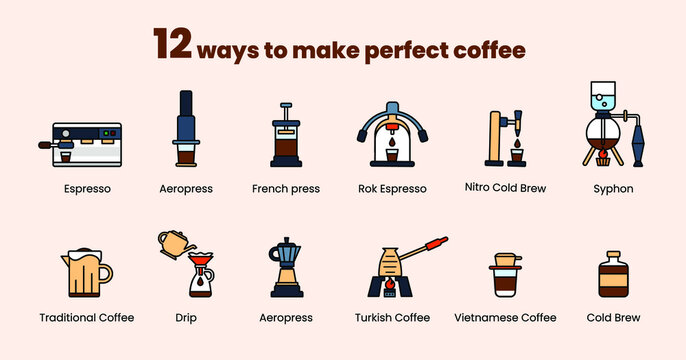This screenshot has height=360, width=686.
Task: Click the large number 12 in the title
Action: (172, 46)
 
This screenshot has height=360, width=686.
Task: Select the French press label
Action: (285, 188)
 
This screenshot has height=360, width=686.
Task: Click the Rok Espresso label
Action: (392, 188)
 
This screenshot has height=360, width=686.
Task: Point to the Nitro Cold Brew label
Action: (505, 187)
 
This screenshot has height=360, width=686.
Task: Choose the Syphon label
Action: (613, 188)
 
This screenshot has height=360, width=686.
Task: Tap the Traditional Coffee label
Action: (87, 317)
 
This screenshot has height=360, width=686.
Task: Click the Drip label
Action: (200, 317)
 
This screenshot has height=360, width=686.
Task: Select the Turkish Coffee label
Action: (392, 317)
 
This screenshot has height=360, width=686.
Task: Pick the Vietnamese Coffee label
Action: (505, 317)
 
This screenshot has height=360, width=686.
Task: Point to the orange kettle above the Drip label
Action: (175, 242)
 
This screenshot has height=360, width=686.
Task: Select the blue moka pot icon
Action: (286, 267)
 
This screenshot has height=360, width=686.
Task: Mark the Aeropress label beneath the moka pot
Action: (286, 317)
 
